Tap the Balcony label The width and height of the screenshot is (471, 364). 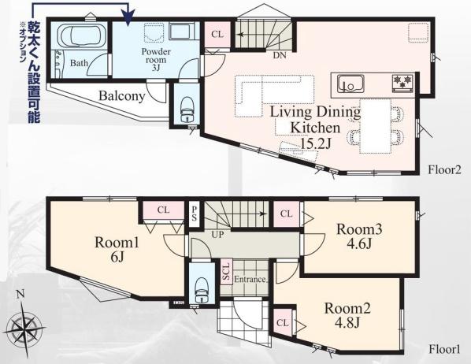click(122, 96)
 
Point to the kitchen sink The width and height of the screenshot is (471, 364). click(350, 84)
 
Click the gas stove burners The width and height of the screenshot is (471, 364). click(403, 81)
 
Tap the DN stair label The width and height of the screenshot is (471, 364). click(280, 55)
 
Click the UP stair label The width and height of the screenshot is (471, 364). click(217, 234)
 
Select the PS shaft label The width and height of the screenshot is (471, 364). click(195, 214)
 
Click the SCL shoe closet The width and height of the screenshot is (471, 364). click(226, 272)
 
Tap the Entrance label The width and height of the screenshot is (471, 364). click(250, 279)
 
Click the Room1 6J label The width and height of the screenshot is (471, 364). click(117, 249)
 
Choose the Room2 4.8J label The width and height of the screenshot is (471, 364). click(347, 315)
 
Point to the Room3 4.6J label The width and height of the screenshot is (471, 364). click(359, 236)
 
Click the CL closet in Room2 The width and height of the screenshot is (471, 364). click(283, 322)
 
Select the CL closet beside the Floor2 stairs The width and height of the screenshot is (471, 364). click(217, 35)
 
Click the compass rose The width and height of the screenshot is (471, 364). click(25, 327)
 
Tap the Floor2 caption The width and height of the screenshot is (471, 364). click(444, 170)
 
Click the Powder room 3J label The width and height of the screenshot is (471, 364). click(156, 60)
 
